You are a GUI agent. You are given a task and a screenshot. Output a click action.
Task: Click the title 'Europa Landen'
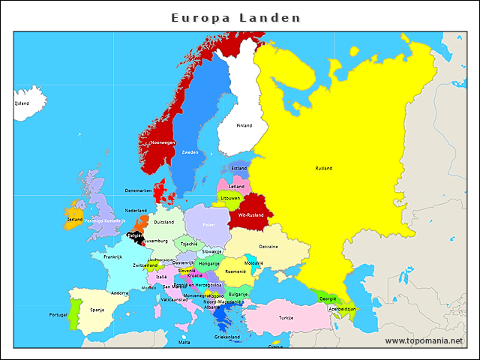tap(235, 17)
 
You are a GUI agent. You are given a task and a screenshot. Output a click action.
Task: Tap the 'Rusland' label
tap(323, 168)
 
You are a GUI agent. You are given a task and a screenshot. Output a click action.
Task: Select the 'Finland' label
tap(244, 125)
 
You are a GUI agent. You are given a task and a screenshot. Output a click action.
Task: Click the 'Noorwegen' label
tap(163, 142)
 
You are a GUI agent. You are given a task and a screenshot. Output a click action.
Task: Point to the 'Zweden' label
tap(190, 152)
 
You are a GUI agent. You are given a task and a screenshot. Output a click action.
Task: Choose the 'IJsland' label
tap(22, 103)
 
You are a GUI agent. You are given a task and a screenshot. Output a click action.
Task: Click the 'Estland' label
tap(239, 169)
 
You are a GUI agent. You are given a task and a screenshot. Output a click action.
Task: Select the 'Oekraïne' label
tap(268, 247)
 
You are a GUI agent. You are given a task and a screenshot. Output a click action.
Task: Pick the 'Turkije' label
tap(286, 317)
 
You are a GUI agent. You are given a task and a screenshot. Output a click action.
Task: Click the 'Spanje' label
tap(97, 310)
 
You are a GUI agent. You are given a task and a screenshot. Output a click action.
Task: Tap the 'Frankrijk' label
tap(112, 256)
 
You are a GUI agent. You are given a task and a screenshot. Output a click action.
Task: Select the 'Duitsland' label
tap(163, 222)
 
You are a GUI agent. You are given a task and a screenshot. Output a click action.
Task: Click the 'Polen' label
tap(208, 225)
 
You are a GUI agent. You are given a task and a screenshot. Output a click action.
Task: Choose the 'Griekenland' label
tap(226, 337)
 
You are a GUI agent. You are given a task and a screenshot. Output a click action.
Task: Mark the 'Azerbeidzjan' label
tap(341, 308)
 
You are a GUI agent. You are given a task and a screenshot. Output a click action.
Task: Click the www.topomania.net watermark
tap(424, 340)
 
